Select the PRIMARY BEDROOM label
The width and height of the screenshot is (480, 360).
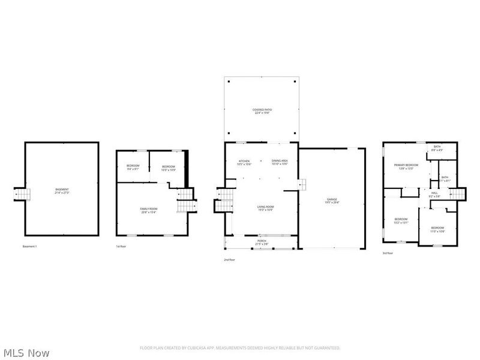(x=406, y=166)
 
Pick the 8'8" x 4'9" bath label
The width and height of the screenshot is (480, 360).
(x=437, y=149)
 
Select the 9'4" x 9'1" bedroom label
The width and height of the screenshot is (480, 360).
(x=133, y=167)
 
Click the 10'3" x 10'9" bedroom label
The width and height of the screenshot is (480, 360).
(x=169, y=167)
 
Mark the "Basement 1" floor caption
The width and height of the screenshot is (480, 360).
(x=29, y=247)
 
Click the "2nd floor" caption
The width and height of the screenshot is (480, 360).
(x=229, y=260)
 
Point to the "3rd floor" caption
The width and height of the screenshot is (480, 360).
(x=388, y=253)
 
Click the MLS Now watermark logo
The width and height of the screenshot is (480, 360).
(x=26, y=353)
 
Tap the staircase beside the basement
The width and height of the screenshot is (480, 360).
(x=21, y=194)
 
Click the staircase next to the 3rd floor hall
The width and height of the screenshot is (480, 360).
(x=459, y=194)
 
